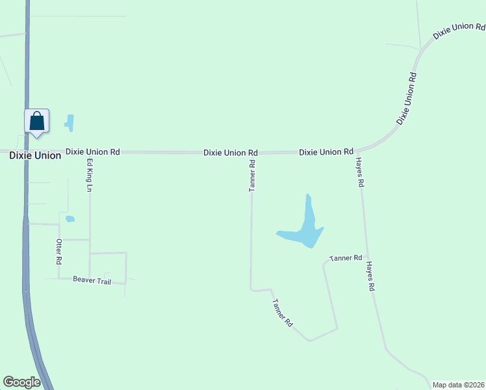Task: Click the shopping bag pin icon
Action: (x=37, y=122)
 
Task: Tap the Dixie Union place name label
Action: (x=35, y=155)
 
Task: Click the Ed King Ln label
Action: (x=90, y=175)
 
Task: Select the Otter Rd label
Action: (x=58, y=251)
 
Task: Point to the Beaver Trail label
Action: (x=92, y=280)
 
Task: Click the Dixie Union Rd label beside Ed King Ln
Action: (x=93, y=151)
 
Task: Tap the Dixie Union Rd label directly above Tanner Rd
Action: (x=231, y=153)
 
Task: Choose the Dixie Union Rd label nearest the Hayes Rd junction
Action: (x=326, y=151)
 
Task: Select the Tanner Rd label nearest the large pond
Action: (x=346, y=258)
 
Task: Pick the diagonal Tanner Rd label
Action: (x=283, y=313)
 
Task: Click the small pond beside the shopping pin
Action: (x=70, y=122)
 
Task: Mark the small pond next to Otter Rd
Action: (x=70, y=219)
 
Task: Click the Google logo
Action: (x=21, y=382)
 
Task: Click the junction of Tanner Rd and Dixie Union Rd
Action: (x=251, y=152)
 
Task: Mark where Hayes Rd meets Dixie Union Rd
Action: (x=357, y=151)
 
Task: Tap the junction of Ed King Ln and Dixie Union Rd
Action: (x=89, y=151)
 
